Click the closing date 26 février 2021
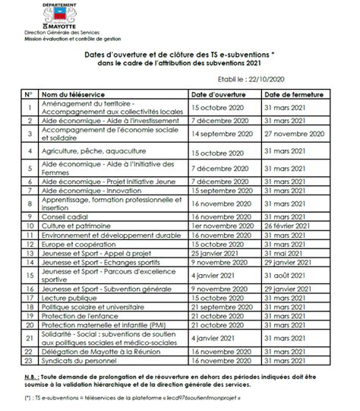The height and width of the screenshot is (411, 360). [x=290, y=226]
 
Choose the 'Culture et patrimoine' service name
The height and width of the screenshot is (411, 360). [x=74, y=226]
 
